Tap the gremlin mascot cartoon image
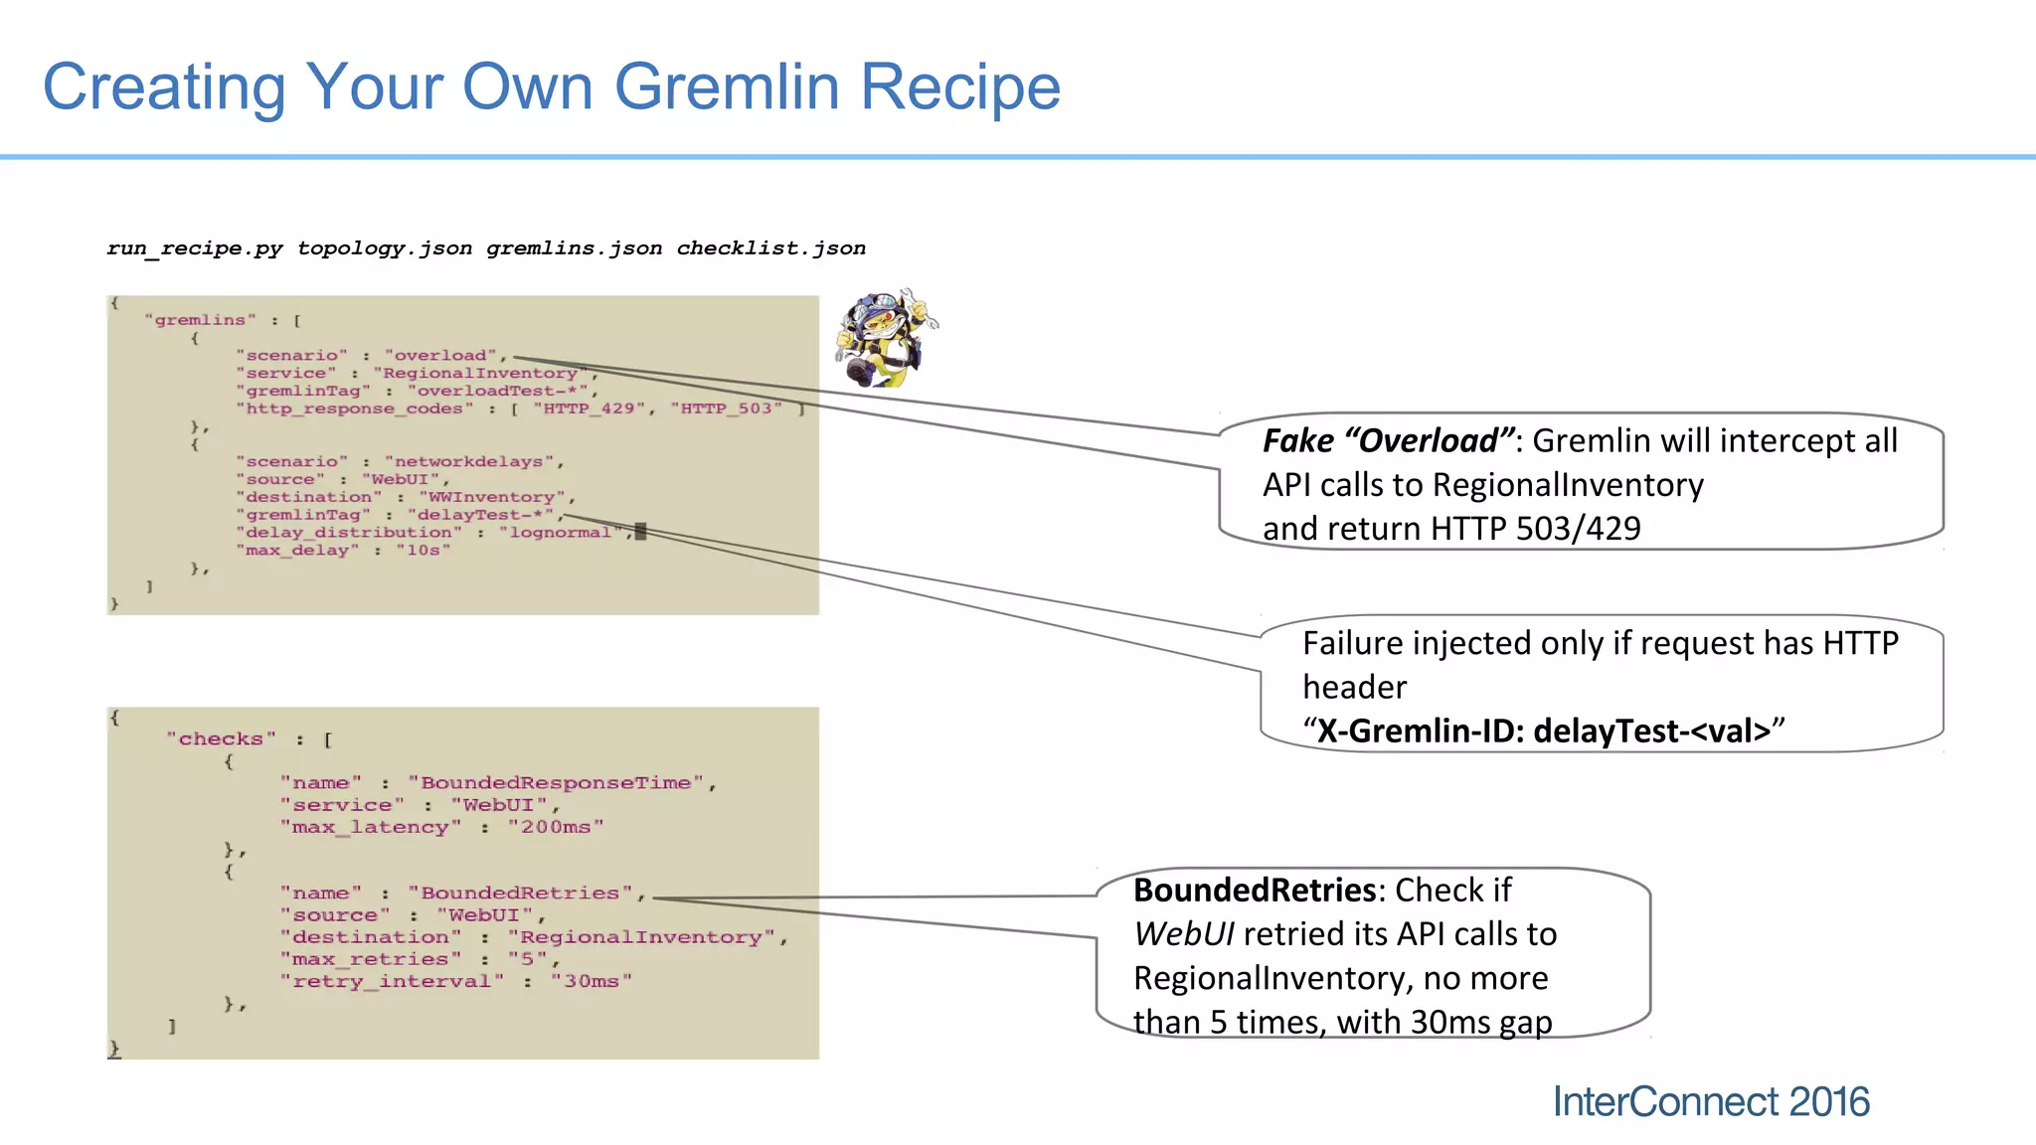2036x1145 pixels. click(x=885, y=338)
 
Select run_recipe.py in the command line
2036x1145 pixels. click(x=195, y=247)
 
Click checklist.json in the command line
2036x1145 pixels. click(x=770, y=247)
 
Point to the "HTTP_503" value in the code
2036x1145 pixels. click(x=726, y=409)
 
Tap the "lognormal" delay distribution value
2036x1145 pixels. click(x=561, y=533)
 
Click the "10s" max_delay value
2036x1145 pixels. click(x=423, y=551)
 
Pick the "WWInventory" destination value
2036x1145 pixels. click(x=491, y=497)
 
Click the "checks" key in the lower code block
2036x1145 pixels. click(x=221, y=739)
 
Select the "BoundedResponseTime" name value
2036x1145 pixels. click(x=557, y=783)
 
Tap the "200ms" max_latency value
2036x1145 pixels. click(x=555, y=827)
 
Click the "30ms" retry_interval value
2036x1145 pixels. click(x=591, y=981)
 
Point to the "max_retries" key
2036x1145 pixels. click(x=370, y=959)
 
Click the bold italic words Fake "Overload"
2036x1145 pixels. click(x=1388, y=440)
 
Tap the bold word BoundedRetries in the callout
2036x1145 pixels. click(x=1255, y=890)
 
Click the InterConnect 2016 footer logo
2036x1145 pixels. click(x=1710, y=1101)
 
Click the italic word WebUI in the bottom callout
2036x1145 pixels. click(x=1183, y=934)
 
